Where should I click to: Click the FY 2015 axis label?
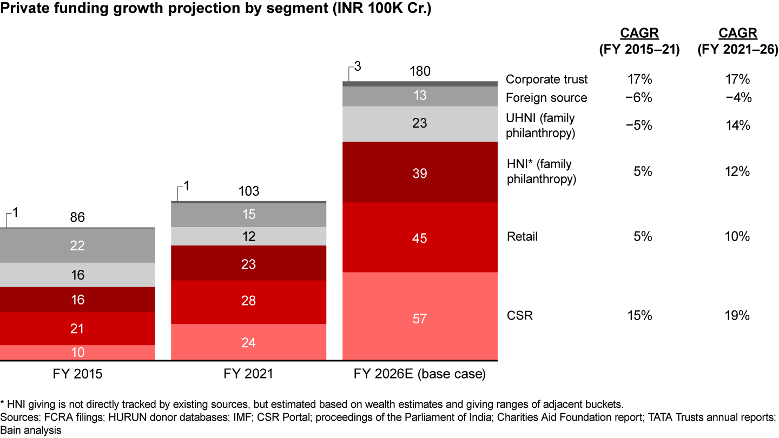(77, 374)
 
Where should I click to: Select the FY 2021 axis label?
(249, 374)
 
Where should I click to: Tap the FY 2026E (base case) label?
(420, 374)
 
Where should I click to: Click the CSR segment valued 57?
(420, 318)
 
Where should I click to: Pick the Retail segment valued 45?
(420, 238)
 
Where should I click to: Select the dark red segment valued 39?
(420, 173)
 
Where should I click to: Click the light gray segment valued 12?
(249, 236)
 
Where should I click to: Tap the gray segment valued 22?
(77, 245)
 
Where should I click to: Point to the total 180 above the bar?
(420, 72)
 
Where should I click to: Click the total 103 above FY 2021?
(249, 191)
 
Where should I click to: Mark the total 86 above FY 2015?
(77, 218)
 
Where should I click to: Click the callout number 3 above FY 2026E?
(358, 67)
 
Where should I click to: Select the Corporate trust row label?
(546, 79)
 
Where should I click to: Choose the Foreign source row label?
(546, 98)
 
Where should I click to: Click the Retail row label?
(522, 237)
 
